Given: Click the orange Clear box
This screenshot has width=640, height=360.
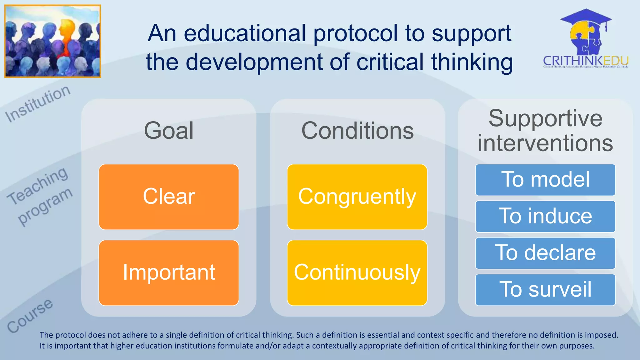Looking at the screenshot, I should coord(169,197).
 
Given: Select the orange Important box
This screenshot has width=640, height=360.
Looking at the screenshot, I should coord(169,273).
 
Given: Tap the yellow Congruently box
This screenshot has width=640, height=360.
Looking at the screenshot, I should coord(357,197).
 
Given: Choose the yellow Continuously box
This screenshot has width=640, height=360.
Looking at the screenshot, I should coord(357,273).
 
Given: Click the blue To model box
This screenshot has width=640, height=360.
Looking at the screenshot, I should coord(545,180).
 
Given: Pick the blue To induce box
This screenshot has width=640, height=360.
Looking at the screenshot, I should coord(545,216).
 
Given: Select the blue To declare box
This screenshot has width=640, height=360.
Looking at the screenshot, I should coord(545,253).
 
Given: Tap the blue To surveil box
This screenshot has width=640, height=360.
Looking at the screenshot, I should coord(545,290).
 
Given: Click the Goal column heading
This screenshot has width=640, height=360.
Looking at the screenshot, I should coord(169,131).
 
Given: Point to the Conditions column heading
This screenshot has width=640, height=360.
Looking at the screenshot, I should coord(357,131).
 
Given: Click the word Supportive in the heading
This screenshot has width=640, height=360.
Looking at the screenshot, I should coord(545,118).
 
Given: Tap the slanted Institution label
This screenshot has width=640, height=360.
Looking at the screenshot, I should coord(38,104).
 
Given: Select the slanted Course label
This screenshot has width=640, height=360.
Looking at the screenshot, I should coord(30,316).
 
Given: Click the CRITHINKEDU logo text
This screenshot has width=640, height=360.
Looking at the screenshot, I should coord(586,61).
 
